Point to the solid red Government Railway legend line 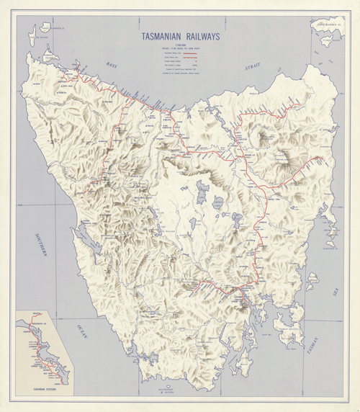point(192,53)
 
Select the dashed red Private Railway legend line point(192,58)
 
